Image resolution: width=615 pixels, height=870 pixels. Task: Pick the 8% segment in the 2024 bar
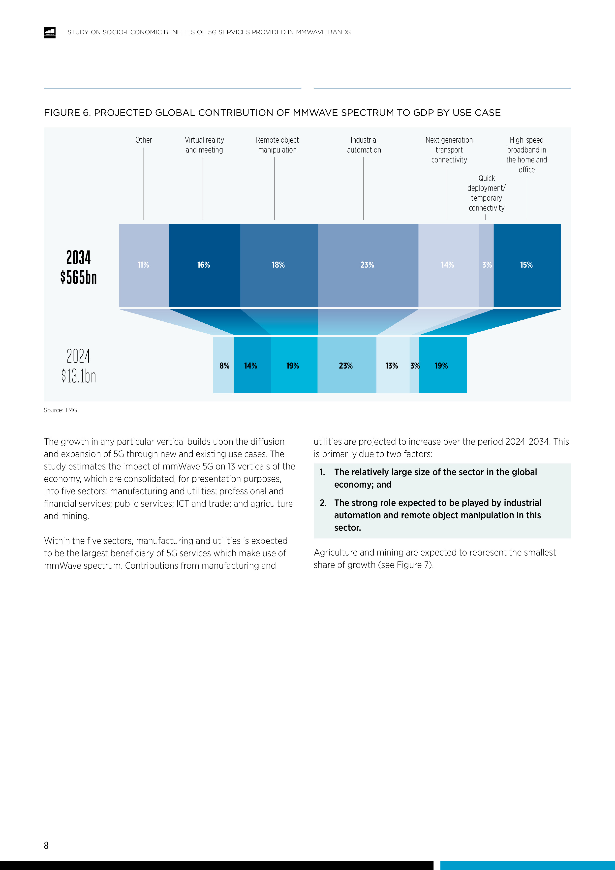click(x=224, y=366)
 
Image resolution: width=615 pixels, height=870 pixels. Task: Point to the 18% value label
click(x=278, y=265)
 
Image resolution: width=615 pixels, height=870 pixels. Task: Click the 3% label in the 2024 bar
click(x=415, y=366)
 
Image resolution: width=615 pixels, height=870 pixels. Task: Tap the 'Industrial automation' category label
click(x=364, y=145)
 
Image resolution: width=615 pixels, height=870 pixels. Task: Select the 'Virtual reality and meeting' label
click(x=204, y=145)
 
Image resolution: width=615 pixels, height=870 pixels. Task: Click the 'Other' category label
click(x=144, y=140)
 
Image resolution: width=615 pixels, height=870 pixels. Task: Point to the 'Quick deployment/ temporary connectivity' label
click(x=487, y=193)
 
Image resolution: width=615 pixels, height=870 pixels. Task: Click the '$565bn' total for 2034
click(x=78, y=277)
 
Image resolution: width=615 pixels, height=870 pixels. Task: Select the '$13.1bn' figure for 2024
click(x=78, y=376)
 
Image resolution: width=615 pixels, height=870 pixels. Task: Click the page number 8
click(x=46, y=845)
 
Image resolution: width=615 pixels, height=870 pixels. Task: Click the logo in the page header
click(x=50, y=32)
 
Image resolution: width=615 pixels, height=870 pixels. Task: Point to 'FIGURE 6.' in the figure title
click(x=67, y=113)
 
